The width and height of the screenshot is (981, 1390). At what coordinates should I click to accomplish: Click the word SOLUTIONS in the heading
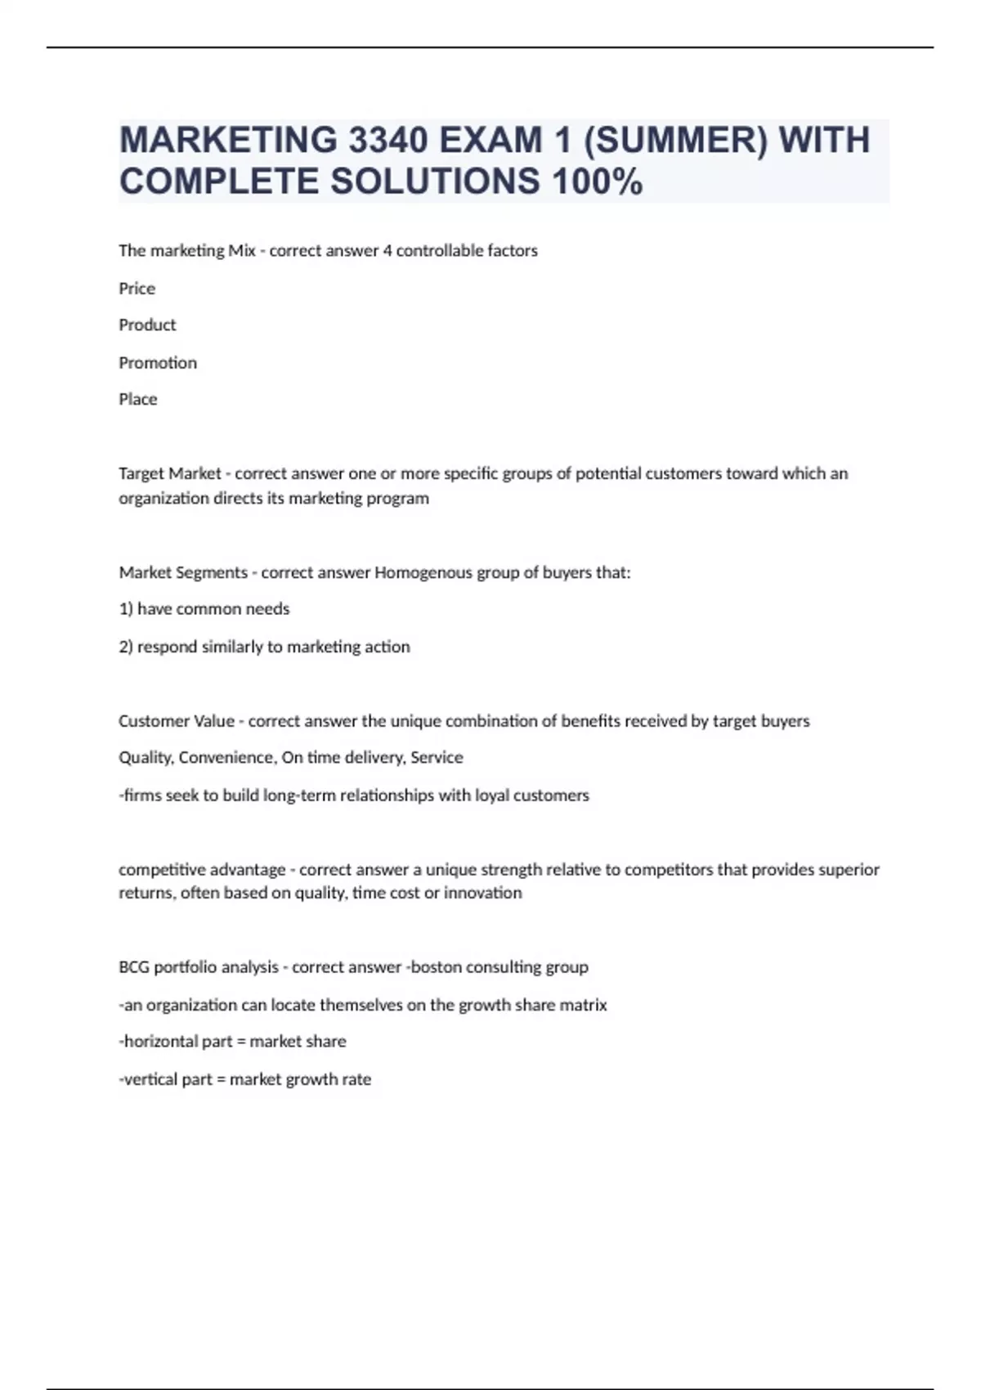(x=434, y=182)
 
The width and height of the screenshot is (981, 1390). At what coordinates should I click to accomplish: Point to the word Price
(x=137, y=288)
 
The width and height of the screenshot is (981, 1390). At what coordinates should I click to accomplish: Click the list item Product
(x=147, y=325)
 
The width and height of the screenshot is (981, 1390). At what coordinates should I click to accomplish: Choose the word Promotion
(x=158, y=362)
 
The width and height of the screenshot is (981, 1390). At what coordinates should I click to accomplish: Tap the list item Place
(x=137, y=399)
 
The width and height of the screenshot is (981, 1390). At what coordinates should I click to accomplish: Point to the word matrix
(x=583, y=1005)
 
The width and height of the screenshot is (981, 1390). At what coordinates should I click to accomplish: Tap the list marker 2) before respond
(x=126, y=647)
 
